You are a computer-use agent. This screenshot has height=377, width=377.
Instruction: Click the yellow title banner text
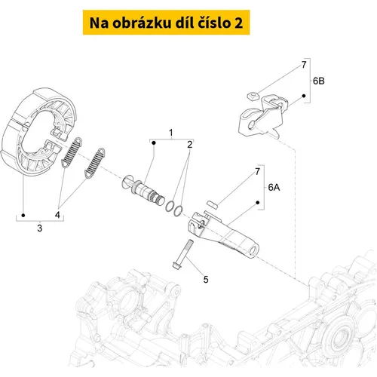click(166, 23)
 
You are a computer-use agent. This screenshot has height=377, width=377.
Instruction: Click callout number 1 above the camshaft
click(171, 133)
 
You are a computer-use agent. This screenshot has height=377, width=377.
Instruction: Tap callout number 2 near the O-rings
click(190, 144)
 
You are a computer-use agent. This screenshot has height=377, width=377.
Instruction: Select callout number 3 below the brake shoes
click(40, 228)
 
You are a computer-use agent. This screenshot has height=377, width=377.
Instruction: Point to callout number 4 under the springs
click(57, 215)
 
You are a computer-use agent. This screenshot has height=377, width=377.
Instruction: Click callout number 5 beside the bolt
click(206, 280)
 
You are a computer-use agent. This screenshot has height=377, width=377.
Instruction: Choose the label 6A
click(274, 187)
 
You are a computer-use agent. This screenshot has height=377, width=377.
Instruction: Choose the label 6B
click(318, 81)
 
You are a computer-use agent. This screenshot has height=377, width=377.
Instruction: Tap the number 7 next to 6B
click(304, 65)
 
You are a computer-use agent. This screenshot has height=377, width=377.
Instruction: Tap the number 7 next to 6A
click(257, 172)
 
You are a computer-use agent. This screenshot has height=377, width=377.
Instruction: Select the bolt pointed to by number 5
click(183, 255)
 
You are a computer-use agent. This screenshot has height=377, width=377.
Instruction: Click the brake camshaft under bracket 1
click(143, 190)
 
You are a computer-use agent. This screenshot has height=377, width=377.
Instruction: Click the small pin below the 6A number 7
click(213, 204)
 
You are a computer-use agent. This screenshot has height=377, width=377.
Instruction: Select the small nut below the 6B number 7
click(252, 96)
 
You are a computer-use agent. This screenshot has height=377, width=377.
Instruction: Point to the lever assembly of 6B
click(262, 116)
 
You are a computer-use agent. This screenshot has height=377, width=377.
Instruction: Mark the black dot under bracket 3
click(23, 216)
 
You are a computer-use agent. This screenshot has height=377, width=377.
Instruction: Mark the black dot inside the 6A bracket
click(258, 202)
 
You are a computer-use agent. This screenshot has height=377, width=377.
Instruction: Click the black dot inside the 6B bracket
click(304, 96)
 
